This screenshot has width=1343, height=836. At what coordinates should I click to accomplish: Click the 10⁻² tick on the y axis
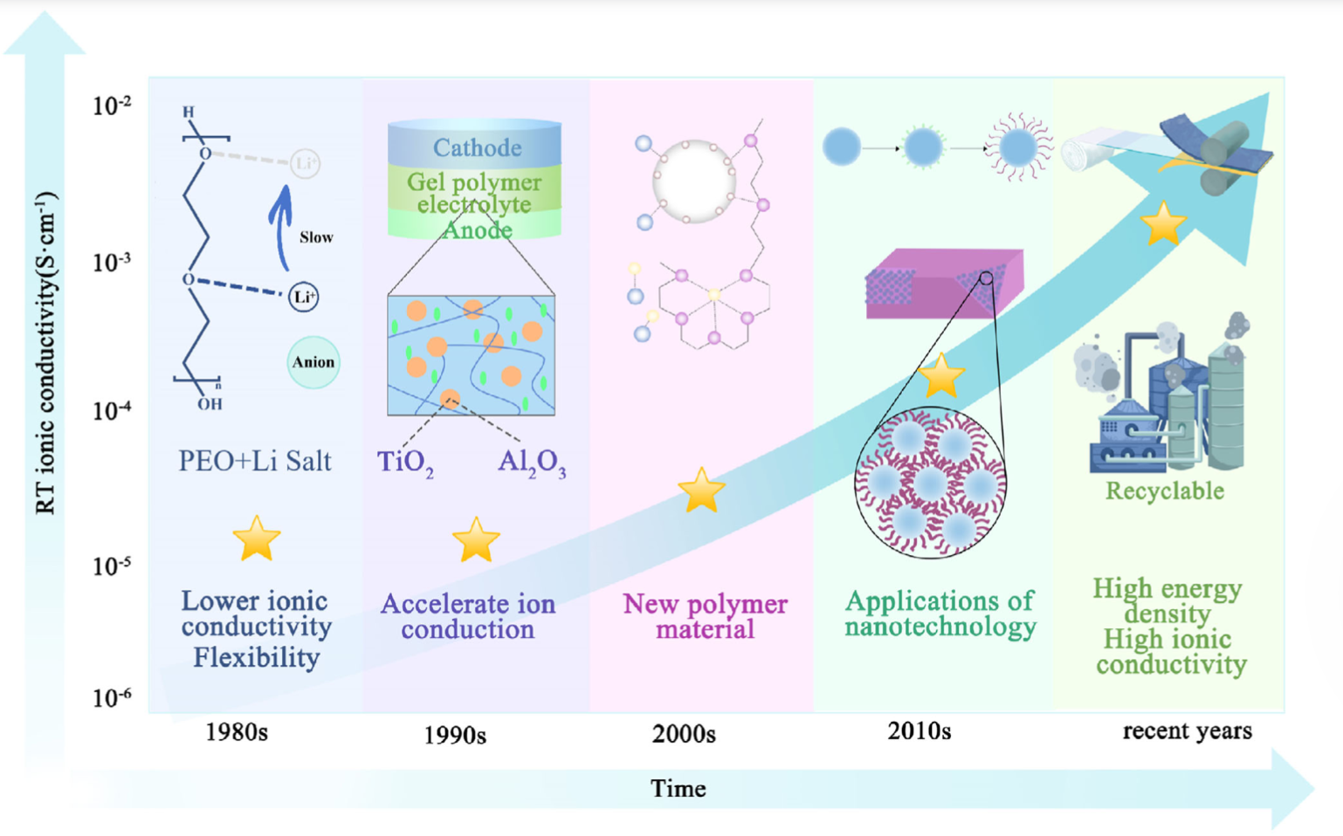click(112, 106)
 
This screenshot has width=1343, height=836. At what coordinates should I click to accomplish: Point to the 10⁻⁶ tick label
click(112, 698)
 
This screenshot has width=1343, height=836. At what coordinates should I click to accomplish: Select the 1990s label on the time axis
click(454, 735)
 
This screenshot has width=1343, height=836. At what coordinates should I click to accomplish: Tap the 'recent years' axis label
click(1187, 730)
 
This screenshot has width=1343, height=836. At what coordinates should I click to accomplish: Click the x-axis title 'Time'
click(678, 788)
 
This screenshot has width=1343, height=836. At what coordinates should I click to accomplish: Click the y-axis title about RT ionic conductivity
click(45, 353)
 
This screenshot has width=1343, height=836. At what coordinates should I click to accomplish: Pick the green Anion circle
click(313, 362)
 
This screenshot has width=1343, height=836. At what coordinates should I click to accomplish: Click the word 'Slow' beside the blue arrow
click(315, 237)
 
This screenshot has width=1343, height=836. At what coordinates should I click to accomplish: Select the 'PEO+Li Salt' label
click(255, 461)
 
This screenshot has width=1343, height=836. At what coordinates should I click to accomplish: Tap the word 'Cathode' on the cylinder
click(477, 147)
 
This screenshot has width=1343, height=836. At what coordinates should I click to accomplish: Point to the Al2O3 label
click(532, 462)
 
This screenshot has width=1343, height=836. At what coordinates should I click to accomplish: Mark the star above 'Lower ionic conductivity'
click(257, 538)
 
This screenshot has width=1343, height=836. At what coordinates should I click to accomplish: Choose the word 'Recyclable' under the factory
click(1165, 490)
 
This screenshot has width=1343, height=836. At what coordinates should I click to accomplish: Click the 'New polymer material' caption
click(705, 616)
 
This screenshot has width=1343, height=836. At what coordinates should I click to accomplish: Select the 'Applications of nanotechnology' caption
click(940, 613)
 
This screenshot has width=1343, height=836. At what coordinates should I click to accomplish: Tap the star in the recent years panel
click(1164, 223)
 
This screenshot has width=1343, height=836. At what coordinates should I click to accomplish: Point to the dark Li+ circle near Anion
click(304, 297)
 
